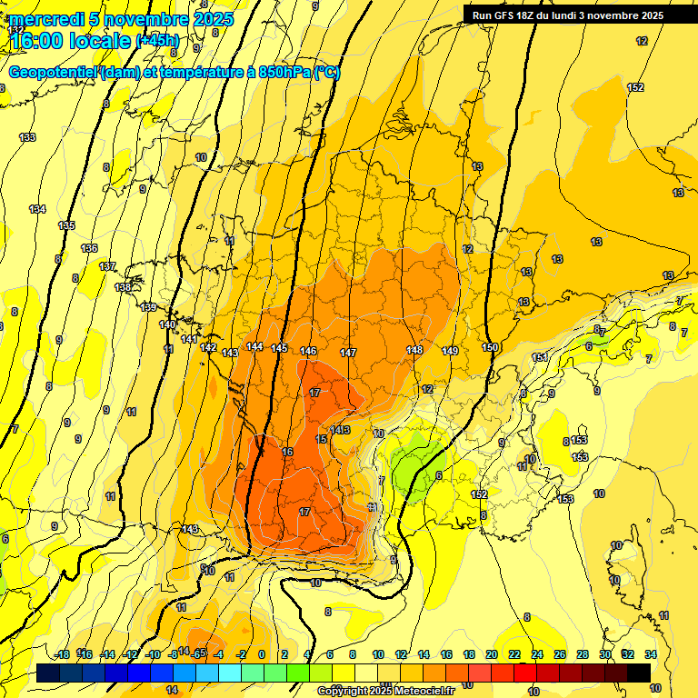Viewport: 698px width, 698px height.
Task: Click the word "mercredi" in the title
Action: tap(43, 19)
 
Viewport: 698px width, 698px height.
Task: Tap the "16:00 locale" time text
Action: tap(69, 41)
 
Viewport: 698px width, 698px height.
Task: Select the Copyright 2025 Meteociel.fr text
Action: tap(385, 691)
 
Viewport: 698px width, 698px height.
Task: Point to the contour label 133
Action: tap(28, 137)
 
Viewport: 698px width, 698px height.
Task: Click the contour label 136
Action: tap(89, 248)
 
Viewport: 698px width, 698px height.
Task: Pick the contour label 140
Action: tap(167, 324)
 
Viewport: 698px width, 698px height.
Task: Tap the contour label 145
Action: tap(279, 348)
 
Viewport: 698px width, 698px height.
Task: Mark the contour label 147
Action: tap(348, 353)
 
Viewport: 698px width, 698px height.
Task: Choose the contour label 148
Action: tap(415, 350)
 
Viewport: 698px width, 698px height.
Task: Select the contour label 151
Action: tap(540, 357)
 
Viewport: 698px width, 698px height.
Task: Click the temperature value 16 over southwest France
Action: tap(287, 452)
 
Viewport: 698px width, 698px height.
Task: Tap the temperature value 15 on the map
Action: tap(321, 439)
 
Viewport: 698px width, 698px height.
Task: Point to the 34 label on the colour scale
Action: tap(650, 654)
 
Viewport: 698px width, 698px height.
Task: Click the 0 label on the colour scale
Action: tap(262, 654)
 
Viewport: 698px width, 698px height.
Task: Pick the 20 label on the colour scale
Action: tap(491, 654)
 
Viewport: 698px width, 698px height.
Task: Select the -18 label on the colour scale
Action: tap(62, 654)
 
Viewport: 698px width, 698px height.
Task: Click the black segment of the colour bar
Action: tap(639, 673)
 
